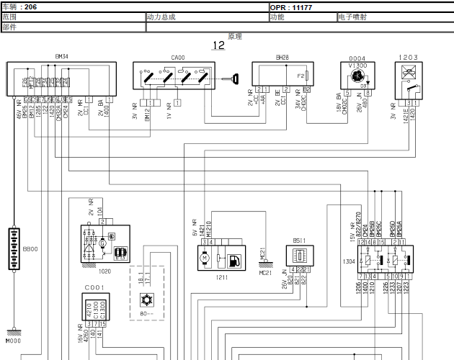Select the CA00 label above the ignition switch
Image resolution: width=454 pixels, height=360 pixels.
point(178,55)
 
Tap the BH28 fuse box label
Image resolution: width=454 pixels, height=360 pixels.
point(282,55)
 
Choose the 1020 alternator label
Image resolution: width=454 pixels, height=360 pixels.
point(104,272)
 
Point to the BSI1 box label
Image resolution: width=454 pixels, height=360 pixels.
point(299,241)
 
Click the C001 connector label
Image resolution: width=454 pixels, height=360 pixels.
point(95,287)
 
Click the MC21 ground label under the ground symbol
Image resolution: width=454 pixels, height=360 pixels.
point(265,272)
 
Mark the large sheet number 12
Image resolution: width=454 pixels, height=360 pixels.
point(218,45)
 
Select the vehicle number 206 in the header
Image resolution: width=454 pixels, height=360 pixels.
point(30,6)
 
